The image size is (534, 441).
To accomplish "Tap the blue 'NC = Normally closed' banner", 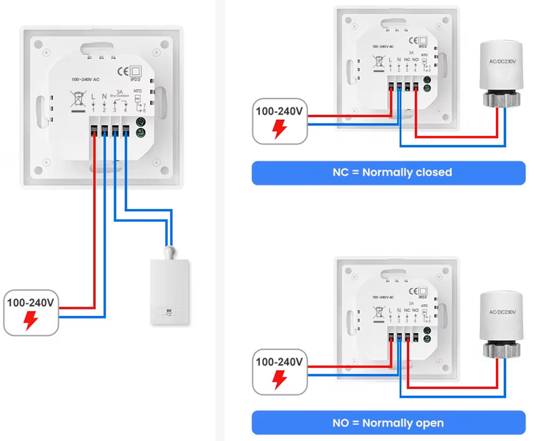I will pos(388,173).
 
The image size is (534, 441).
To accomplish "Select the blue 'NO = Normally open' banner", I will pos(388,423).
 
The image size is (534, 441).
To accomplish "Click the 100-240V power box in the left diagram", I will pos(31,313).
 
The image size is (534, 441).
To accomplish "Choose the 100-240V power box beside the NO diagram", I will pos(280,372).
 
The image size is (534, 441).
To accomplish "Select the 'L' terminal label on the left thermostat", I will pos(93,97).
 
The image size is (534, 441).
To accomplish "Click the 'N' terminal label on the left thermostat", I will pos(104,97).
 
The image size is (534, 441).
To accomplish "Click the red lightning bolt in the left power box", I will pos(31,320).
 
